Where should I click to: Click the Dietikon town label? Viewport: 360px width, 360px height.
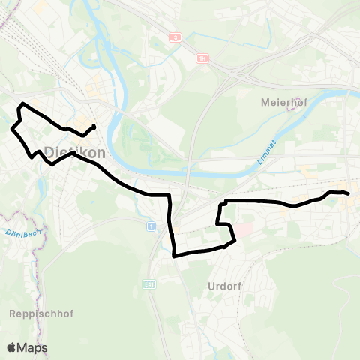pos(74,151)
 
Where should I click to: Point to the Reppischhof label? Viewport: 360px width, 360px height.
pos(42,312)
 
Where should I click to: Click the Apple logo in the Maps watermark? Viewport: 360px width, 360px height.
pos(12,347)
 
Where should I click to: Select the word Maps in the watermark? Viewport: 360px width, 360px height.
pos(32,347)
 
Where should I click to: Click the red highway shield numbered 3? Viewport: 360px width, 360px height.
pos(175,37)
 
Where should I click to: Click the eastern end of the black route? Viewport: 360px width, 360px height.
pos(349,193)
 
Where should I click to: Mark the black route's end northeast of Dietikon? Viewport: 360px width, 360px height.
pos(94,125)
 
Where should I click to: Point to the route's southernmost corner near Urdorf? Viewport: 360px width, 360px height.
pos(174,256)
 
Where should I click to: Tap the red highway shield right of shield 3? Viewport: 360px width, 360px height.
pos(202,58)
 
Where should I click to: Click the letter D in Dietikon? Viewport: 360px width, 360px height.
pos(49,151)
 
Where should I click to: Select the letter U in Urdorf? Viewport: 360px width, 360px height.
pos(207,286)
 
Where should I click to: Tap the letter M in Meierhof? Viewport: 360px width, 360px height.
pos(264,101)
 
